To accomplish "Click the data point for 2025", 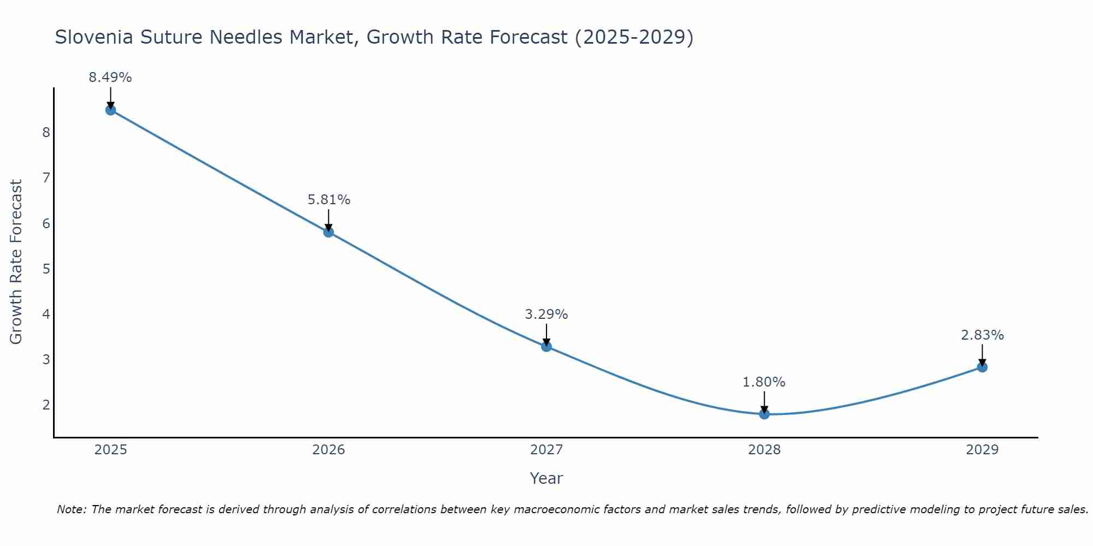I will (110, 110).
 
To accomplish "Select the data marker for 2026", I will (328, 232).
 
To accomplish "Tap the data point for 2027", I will (546, 346).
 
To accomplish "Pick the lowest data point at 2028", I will (764, 414).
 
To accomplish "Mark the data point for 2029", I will (982, 367).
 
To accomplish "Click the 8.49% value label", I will (110, 78).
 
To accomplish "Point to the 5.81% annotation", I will (328, 200).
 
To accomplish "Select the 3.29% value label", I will (546, 314).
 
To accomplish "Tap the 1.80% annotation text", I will (764, 382).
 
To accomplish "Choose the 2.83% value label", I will (982, 335).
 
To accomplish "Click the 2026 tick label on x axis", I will (328, 450).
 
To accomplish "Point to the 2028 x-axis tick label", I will (764, 450).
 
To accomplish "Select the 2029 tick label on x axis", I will (982, 450).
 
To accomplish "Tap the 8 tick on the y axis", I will (46, 133).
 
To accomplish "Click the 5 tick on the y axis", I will (46, 269).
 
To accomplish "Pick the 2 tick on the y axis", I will (46, 405).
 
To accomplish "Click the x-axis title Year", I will (546, 478).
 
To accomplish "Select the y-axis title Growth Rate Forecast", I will (16, 262).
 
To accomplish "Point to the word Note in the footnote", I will (71, 509).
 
